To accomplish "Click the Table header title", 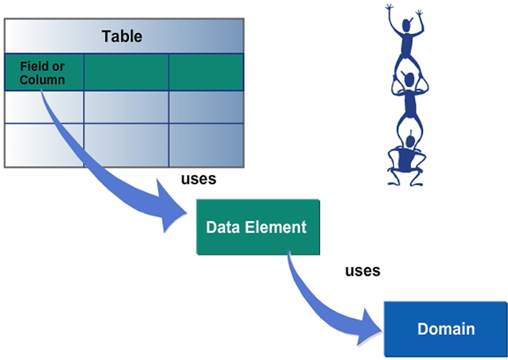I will tap(122, 36).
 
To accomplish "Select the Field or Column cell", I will tap(43, 73).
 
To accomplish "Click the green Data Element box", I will tap(257, 228).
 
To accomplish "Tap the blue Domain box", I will tap(445, 329).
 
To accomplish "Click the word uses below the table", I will tap(197, 179).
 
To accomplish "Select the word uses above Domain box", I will tap(362, 271).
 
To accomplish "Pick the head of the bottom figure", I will tap(411, 139).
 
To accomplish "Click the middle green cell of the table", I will tap(126, 72).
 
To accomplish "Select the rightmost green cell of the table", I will tap(205, 72).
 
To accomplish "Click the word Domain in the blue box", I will tap(446, 329).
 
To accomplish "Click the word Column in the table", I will tap(43, 79).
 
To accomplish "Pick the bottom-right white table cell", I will tap(205, 145).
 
